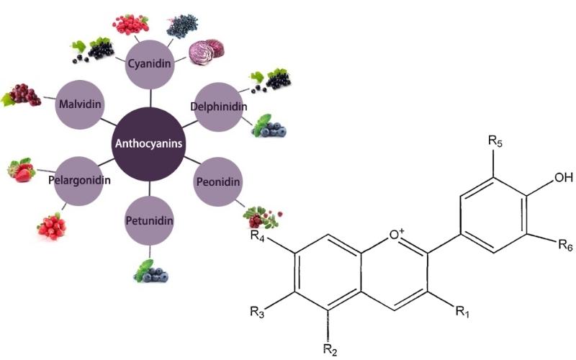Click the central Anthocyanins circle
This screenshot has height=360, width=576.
tap(149, 144)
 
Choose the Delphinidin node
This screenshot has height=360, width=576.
tap(219, 107)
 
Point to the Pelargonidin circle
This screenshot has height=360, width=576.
tap(81, 179)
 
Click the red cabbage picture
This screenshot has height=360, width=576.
tap(203, 52)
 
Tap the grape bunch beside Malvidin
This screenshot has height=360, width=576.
tap(22, 96)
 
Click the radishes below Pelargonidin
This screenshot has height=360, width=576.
tap(52, 225)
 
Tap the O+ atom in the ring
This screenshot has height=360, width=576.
tap(397, 233)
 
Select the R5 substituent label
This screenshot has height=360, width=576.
tap(495, 140)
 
